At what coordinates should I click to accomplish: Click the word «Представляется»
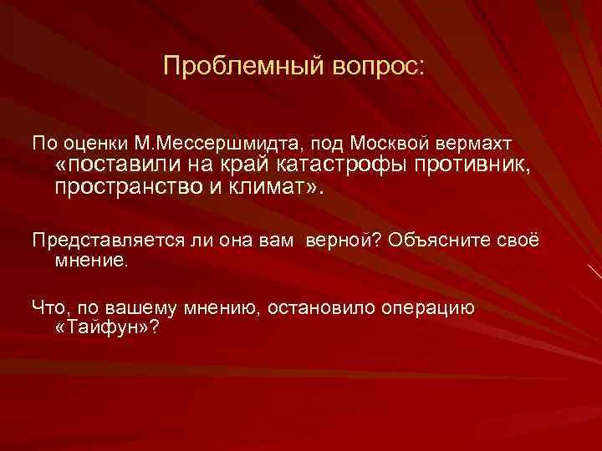coord(105,241)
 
